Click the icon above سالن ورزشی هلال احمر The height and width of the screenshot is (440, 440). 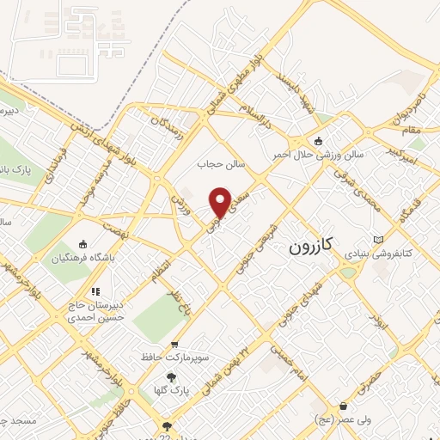(320, 141)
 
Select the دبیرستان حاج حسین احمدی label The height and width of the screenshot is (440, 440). (90, 311)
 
